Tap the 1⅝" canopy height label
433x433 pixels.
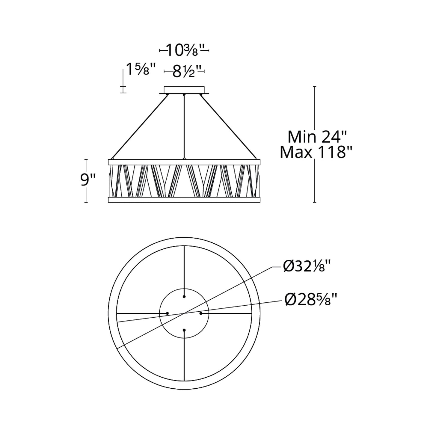pos(141,70)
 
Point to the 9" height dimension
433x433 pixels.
pos(88,181)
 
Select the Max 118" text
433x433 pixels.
pos(315,152)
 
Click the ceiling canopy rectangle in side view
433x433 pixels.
pos(184,90)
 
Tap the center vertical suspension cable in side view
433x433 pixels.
pos(184,126)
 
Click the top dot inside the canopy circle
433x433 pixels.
pos(184,296)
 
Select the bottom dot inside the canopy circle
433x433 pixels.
pos(184,330)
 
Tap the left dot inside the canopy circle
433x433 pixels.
pos(168,313)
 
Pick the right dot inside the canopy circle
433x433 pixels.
pos(201,313)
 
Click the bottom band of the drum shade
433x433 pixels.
pos(184,200)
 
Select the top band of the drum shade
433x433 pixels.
pos(184,162)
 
